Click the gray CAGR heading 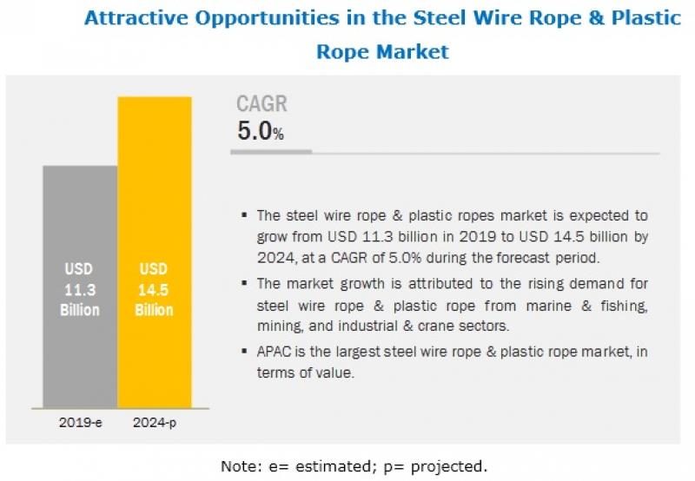pyautogui.click(x=261, y=105)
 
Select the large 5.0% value pyautogui.click(x=260, y=132)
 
